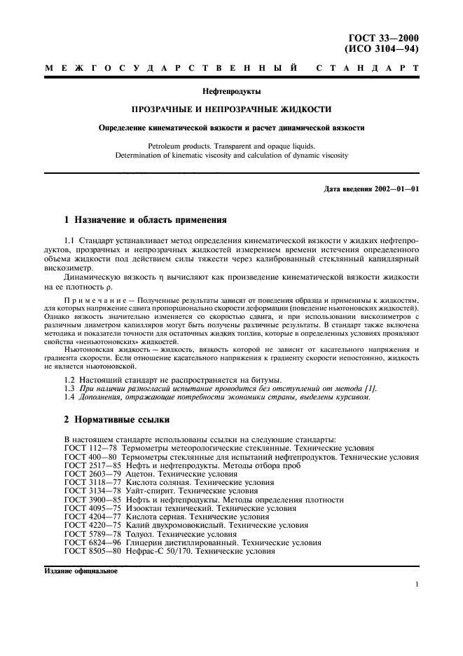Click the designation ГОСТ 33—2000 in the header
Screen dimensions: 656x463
click(388, 39)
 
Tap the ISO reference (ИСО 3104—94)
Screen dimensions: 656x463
click(388, 50)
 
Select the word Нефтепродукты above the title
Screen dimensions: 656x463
click(231, 91)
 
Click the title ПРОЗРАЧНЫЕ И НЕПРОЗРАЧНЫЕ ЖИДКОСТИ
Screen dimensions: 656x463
click(231, 109)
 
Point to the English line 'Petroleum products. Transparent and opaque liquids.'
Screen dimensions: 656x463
click(231, 146)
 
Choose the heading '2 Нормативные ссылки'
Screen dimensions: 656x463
click(116, 421)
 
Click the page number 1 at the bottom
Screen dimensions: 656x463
click(417, 585)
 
